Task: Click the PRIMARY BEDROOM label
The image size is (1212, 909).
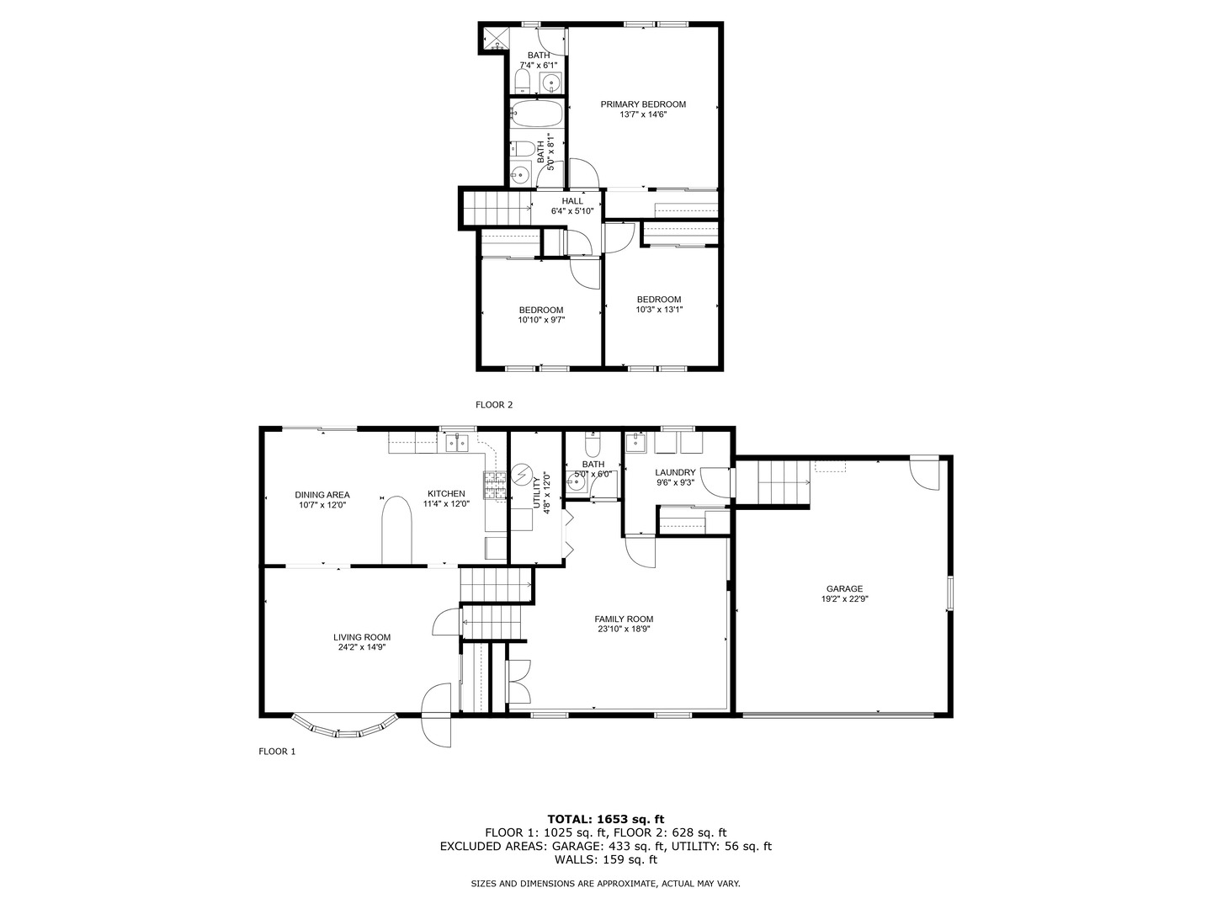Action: [x=643, y=104]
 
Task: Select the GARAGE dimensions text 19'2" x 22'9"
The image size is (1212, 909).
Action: [x=844, y=600]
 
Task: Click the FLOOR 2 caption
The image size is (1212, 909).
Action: [x=494, y=405]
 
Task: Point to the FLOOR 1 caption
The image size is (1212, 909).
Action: [x=277, y=752]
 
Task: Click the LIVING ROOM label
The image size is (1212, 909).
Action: [x=362, y=637]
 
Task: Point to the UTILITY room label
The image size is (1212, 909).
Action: [x=536, y=492]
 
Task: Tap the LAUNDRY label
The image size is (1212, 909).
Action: [x=675, y=472]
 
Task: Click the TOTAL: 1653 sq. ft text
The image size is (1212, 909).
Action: [x=605, y=818]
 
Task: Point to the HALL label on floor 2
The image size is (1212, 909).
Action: [x=572, y=201]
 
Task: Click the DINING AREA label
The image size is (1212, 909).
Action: [x=322, y=495]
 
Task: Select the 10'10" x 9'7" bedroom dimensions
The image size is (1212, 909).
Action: [x=541, y=320]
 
